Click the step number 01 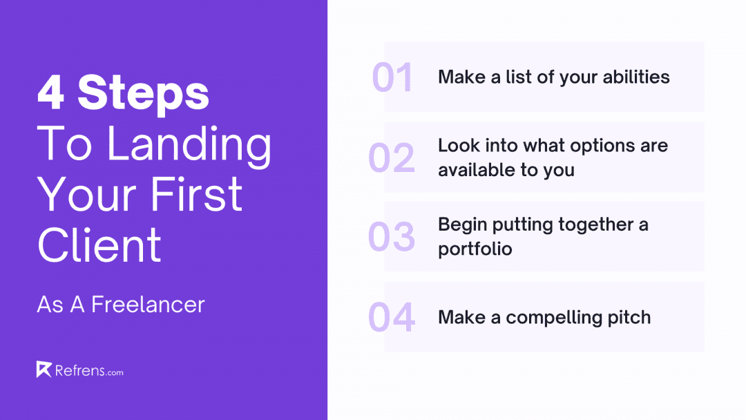point(392,77)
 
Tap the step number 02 point(392,157)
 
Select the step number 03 point(392,237)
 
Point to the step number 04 point(392,317)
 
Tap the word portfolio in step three point(475,249)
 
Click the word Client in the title point(99,245)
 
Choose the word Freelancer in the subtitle point(148,305)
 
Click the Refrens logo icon point(44,370)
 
